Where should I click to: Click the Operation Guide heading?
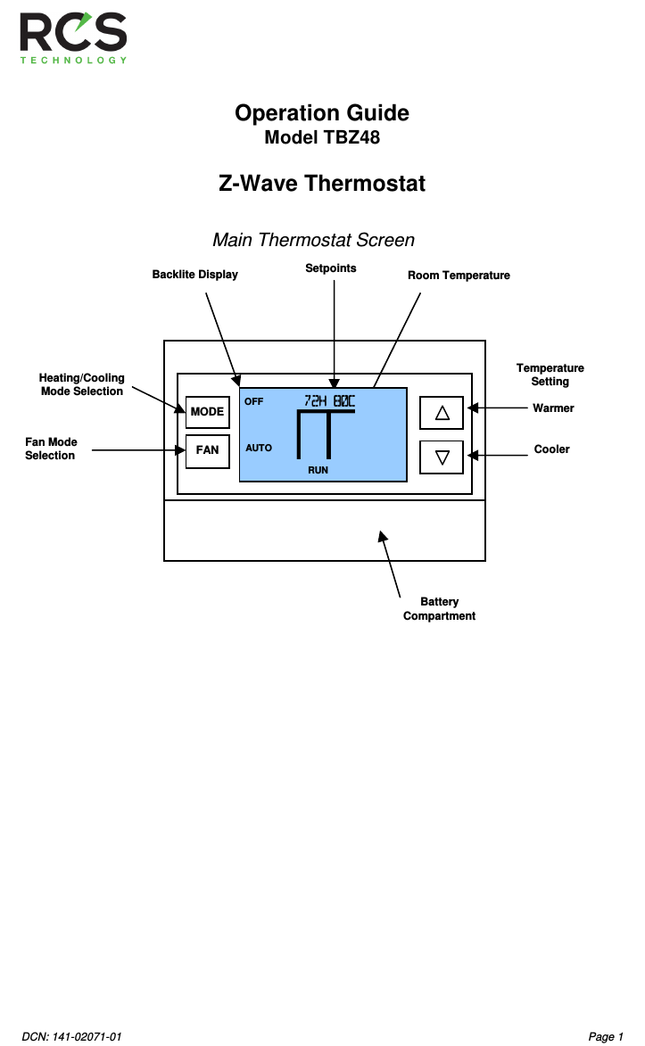coord(321,113)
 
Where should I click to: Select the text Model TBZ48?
coord(321,138)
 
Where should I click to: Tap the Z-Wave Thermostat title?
coord(321,184)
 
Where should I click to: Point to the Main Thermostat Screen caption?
coord(313,241)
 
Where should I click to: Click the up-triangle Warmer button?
coord(442,413)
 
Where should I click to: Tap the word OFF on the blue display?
coord(254,402)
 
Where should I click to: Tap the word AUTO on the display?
coord(259,448)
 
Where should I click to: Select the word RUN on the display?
coord(318,469)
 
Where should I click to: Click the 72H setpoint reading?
coord(315,401)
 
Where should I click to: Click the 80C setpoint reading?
coord(343,401)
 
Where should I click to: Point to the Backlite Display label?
coord(194,275)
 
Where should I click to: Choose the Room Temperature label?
coord(459,276)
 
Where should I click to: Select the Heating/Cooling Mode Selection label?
coord(82,384)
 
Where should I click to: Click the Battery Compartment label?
coord(439,609)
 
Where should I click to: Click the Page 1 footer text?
coord(606,1036)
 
